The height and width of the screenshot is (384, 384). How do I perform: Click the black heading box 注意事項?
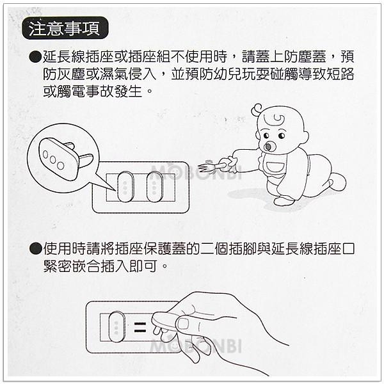click(x=65, y=29)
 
